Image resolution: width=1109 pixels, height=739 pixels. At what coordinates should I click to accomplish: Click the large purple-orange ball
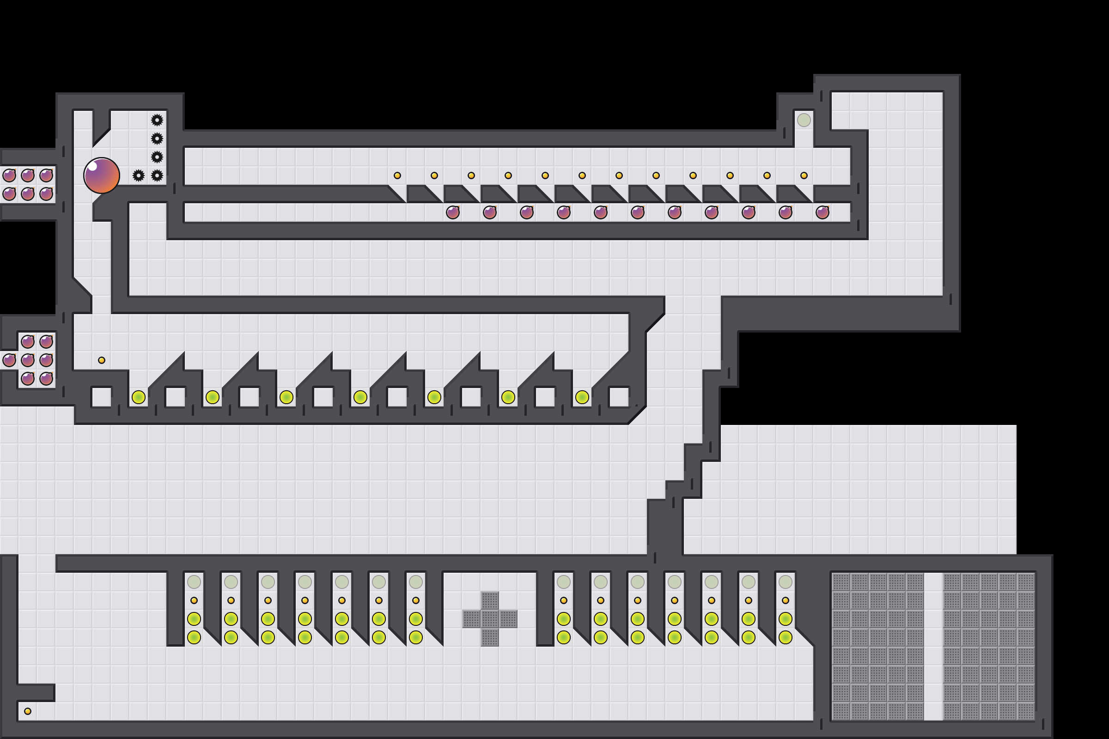(x=101, y=176)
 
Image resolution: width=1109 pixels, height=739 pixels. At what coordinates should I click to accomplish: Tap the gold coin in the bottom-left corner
(x=28, y=711)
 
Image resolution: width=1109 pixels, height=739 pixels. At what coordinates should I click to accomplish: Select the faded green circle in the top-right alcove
(x=804, y=120)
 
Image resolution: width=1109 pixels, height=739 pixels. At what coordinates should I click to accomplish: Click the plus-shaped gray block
(x=489, y=619)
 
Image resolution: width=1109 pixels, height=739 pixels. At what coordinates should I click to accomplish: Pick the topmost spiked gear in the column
(x=157, y=120)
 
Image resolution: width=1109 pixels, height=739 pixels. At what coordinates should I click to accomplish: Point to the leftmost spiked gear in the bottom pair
(x=138, y=176)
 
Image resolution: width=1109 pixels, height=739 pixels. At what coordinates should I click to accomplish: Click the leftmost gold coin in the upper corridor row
(x=397, y=176)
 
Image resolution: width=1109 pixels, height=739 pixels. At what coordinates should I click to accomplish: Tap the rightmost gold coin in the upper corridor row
(x=804, y=176)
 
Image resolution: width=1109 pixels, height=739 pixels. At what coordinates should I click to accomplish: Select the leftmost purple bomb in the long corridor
(x=453, y=212)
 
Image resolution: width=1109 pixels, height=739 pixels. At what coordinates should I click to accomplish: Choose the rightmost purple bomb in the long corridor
(x=823, y=212)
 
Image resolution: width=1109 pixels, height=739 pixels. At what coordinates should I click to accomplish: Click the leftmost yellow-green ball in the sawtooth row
(x=138, y=397)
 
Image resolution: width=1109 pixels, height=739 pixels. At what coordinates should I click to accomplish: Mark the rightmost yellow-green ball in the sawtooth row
(x=582, y=397)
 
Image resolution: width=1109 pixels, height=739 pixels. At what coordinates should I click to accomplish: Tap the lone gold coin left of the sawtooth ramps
(x=101, y=360)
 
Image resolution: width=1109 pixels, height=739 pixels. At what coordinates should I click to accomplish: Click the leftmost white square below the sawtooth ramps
(x=101, y=397)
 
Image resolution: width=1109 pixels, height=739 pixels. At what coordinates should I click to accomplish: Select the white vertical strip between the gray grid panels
(x=933, y=646)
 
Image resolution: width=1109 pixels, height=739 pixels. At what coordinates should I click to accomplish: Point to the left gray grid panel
(x=877, y=646)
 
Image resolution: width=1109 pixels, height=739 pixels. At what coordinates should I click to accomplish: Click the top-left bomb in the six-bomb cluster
(x=9, y=176)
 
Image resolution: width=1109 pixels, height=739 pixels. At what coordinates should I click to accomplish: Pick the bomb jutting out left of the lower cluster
(x=9, y=360)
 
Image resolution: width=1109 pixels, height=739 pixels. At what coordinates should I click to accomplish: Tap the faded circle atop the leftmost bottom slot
(x=194, y=582)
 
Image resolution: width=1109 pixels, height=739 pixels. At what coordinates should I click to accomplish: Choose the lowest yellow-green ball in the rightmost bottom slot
(x=785, y=637)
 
